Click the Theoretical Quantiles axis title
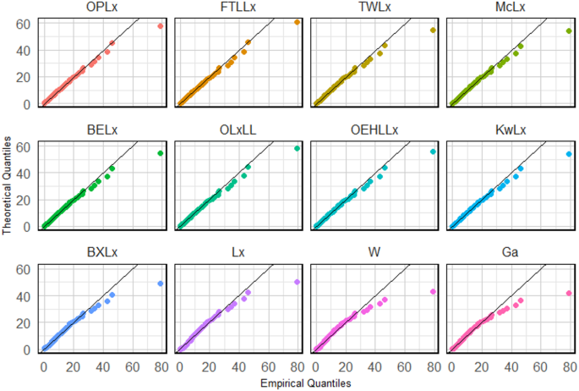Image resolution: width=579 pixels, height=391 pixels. (8, 182)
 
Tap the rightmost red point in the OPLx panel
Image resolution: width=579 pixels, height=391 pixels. (161, 26)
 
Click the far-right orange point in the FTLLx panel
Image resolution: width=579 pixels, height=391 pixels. (297, 22)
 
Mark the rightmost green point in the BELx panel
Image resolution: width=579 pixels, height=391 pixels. (161, 153)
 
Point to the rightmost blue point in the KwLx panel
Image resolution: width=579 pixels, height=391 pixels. (569, 154)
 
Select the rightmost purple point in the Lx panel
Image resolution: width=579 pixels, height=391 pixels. (297, 282)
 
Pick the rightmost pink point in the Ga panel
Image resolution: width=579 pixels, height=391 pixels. (569, 293)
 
